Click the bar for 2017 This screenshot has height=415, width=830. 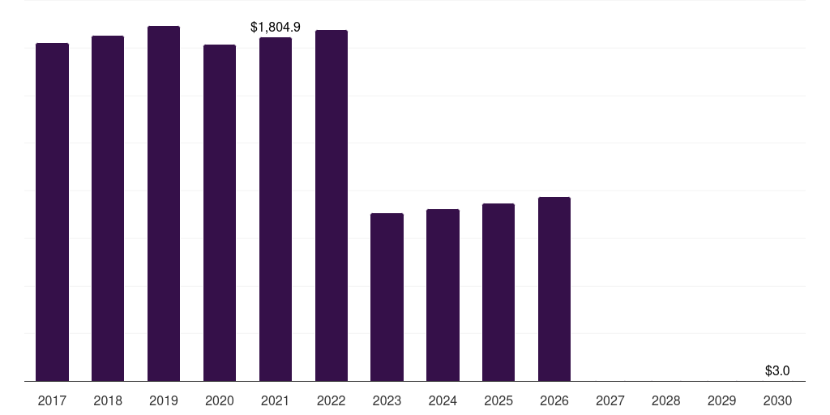(52, 212)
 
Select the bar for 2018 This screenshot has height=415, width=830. (108, 208)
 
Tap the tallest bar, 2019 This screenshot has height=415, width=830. (164, 203)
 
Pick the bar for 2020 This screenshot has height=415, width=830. (220, 213)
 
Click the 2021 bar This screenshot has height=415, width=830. (276, 209)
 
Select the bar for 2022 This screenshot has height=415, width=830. (332, 205)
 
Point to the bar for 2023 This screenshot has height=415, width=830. (387, 297)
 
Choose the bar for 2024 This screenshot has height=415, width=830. (443, 295)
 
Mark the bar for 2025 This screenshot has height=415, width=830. (498, 292)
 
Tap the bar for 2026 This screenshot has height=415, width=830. (554, 289)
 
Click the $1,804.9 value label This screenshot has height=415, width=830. (276, 27)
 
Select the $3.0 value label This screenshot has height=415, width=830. (777, 371)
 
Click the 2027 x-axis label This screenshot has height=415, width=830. (610, 401)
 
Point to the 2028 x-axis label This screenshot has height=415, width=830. (666, 401)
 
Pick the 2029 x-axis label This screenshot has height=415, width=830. (722, 401)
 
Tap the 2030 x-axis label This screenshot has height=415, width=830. (777, 401)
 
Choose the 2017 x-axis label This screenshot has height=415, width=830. (52, 401)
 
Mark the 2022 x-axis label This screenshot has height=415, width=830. (332, 401)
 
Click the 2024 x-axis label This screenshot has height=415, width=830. (443, 401)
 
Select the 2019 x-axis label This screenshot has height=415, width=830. (164, 401)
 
